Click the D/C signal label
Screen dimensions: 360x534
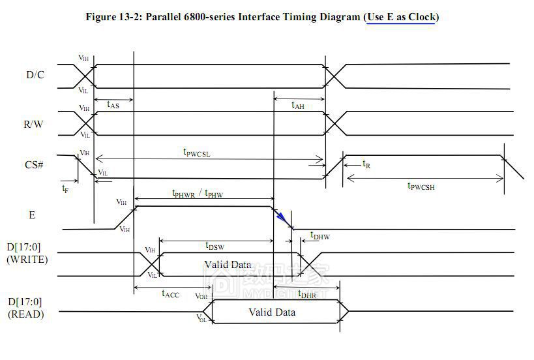pos(36,75)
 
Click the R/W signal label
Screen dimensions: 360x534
pos(34,124)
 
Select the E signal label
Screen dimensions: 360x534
pos(31,214)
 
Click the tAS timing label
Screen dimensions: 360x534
pos(112,104)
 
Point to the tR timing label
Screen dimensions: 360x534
pos(366,164)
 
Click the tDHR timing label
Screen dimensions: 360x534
pos(307,294)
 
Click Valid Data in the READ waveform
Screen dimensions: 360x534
pos(272,312)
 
